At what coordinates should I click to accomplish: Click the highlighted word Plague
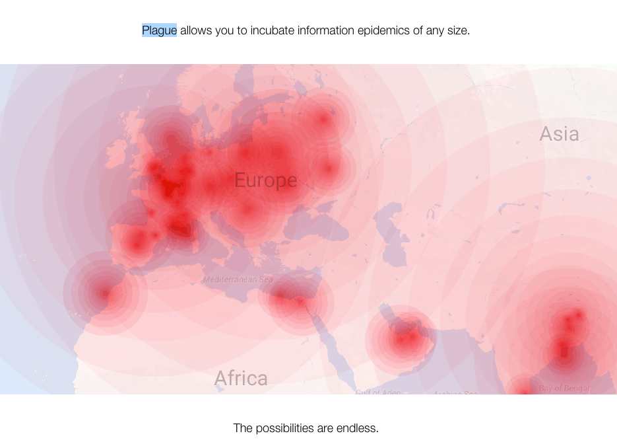coord(159,30)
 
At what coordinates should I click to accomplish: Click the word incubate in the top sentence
coord(273,30)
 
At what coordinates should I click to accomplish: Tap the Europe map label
coord(265,180)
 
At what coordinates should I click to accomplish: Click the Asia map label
coord(559,133)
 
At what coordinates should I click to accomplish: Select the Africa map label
coord(241,378)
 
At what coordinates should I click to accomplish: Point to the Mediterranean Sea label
coord(238,279)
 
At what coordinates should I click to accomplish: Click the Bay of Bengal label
coord(564,388)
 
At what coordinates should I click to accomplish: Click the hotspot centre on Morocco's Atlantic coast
coord(104,293)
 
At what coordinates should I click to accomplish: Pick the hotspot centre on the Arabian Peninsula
coord(403,339)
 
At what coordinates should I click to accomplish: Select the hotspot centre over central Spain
coord(137,242)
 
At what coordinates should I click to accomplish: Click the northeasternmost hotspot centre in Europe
coord(323,119)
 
